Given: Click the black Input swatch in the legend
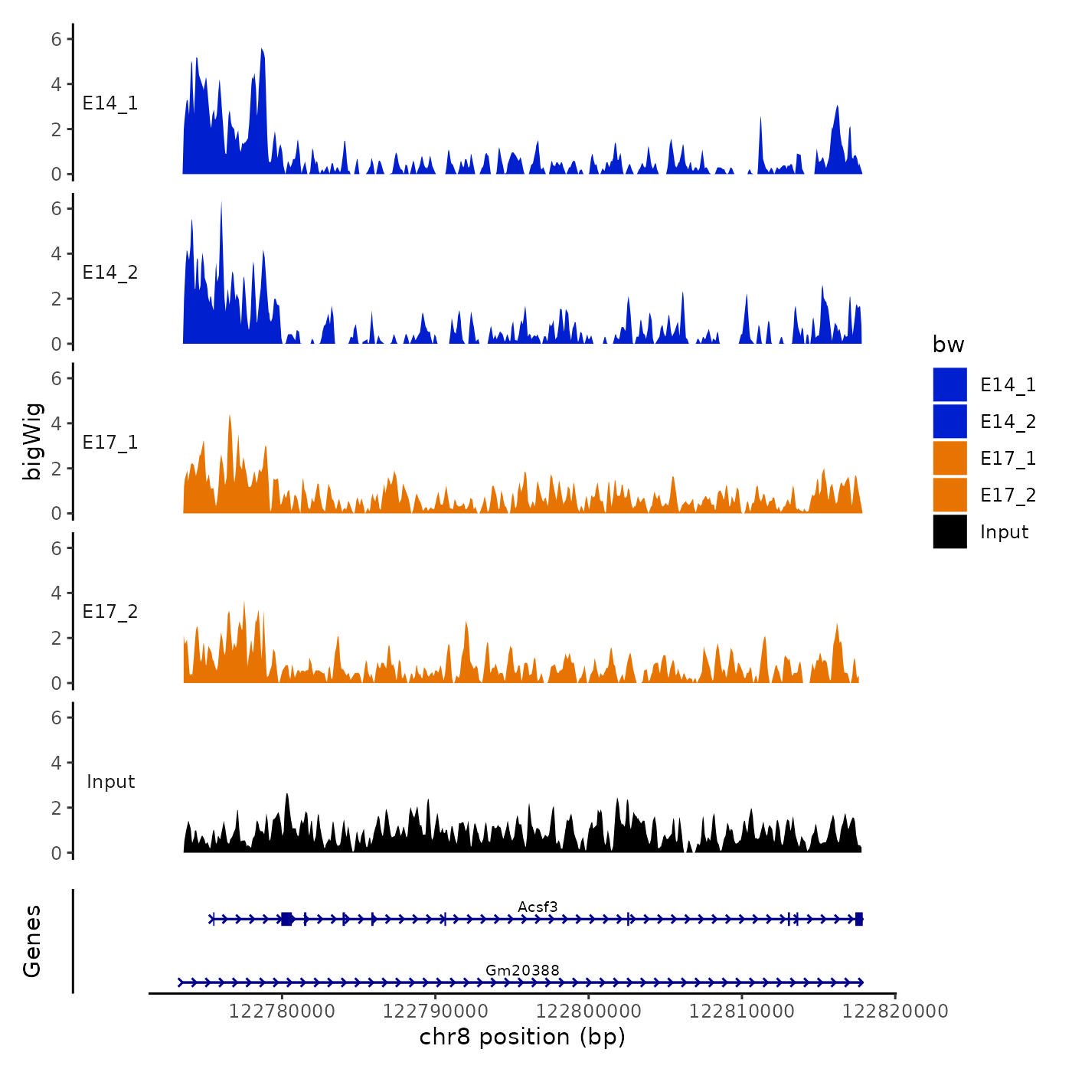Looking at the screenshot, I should coord(949,531).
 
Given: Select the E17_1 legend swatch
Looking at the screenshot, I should coord(949,458).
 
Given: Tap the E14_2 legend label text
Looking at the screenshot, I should coord(1008,422).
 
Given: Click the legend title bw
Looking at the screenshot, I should coord(948,345).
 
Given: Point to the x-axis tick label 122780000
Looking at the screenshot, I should coord(282,1011).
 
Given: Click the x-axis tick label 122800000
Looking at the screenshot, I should coord(589,1011).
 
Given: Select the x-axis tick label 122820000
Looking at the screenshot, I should coord(895,1011).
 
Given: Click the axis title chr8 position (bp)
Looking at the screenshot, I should coord(522,1037).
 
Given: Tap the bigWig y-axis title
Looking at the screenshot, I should coord(32,442).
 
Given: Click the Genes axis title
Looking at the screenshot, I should coord(32,941).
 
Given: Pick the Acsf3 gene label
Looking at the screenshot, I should coord(538,907).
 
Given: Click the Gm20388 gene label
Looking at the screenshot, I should coord(522,970).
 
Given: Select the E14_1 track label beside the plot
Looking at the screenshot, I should coord(110,103).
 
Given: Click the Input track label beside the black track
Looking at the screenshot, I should coord(110,782).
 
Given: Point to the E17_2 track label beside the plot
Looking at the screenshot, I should coord(110,612).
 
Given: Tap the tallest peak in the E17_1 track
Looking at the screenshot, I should coord(229,417).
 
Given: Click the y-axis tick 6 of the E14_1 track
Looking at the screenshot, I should coord(57,39).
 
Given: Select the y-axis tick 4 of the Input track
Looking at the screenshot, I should coord(57,763).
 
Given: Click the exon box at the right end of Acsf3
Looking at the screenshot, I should coord(859,919).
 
